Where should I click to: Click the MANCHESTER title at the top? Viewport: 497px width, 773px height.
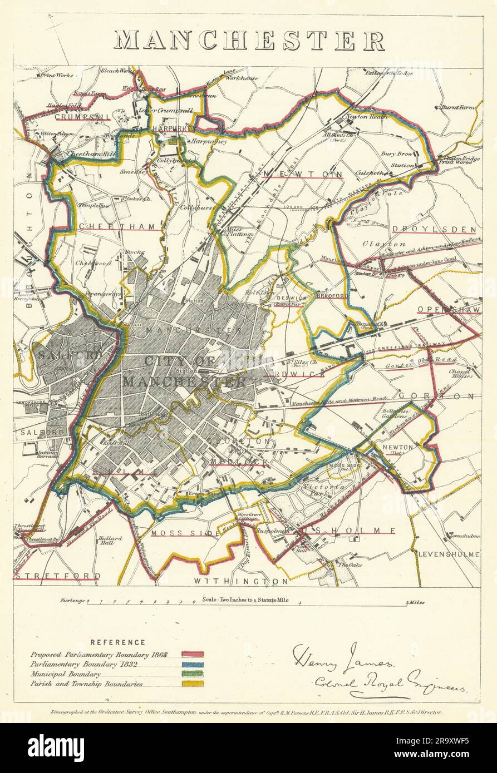249,41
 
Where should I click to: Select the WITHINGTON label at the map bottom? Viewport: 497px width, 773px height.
241,581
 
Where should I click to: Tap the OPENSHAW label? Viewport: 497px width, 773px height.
449,309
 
